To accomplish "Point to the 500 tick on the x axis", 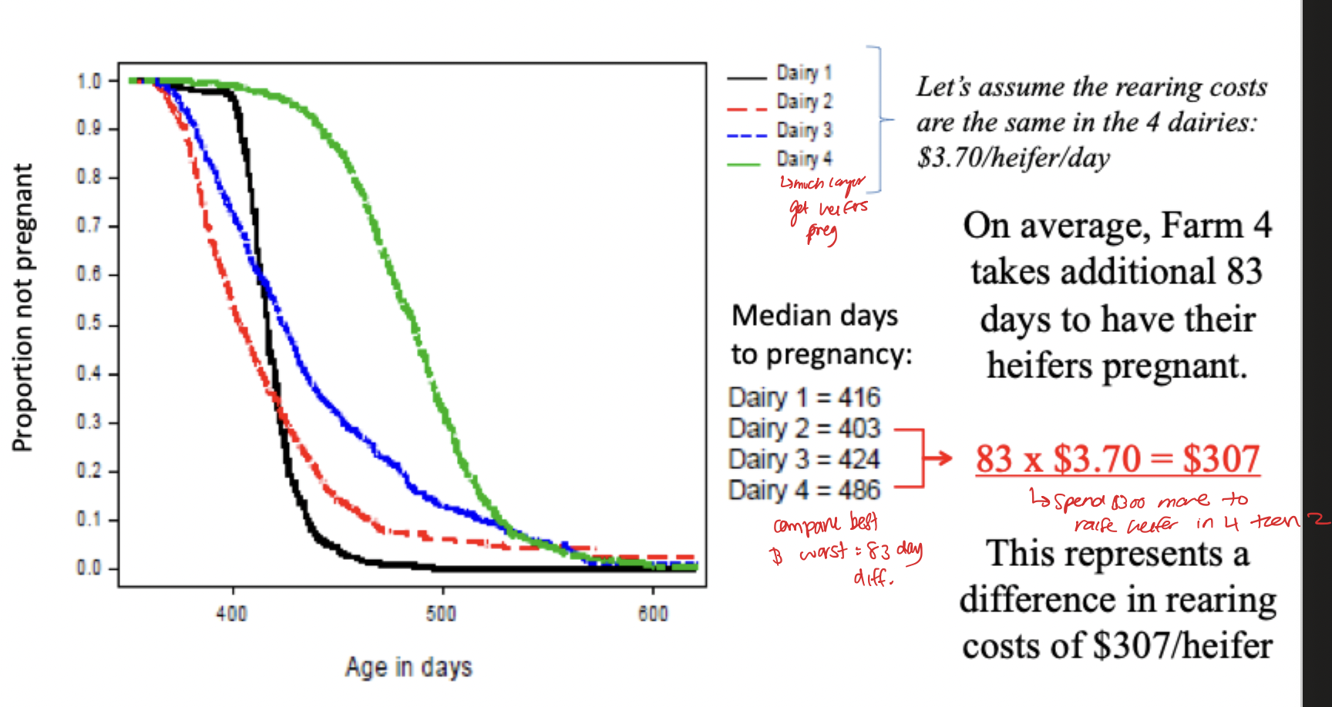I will pos(442,614).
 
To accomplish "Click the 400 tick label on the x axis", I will pos(231,614).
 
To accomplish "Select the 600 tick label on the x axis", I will pos(653,614).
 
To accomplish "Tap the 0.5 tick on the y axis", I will pos(89,323).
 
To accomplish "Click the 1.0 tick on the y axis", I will pos(89,81).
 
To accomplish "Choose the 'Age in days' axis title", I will pos(409,667).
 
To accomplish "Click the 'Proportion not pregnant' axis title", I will pos(23,308).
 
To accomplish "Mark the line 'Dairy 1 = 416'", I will pos(804,397).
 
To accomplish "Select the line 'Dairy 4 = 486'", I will pos(804,490).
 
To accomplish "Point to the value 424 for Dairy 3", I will pos(859,459).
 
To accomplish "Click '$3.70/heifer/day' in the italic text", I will pos(1013,158).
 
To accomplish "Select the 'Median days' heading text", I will pos(815,316).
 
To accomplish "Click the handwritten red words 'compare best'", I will pos(826,524).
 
